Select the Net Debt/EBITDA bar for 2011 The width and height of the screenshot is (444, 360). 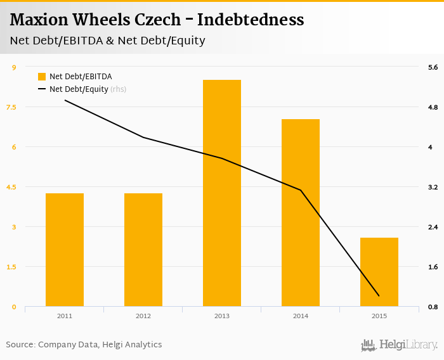[65, 250]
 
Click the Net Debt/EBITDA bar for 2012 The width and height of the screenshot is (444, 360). [143, 250]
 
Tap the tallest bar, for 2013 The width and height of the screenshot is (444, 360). [222, 193]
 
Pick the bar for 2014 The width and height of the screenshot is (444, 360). [301, 213]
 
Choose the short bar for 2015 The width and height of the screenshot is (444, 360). [379, 272]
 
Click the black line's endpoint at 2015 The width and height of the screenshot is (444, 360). [379, 296]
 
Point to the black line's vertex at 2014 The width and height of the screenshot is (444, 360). [301, 190]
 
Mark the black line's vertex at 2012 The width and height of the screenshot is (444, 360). [143, 138]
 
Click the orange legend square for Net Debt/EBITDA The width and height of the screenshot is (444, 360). [42, 77]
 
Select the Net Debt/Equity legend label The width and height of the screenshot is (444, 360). [79, 89]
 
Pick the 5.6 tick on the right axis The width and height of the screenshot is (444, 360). [433, 67]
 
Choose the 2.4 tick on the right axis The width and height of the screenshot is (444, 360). [433, 227]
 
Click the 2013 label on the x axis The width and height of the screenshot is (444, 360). [222, 316]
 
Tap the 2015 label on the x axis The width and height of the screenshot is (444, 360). [379, 316]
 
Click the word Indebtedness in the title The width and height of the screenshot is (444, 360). [251, 20]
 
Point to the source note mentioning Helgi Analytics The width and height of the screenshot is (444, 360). [84, 345]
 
